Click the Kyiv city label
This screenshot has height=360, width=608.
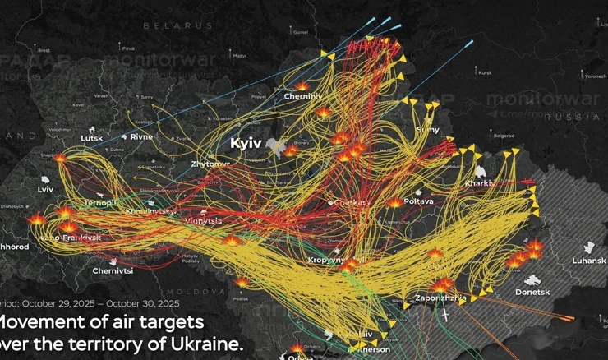(246, 143)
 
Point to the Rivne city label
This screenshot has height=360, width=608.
(141, 136)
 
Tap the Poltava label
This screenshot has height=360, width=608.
(420, 201)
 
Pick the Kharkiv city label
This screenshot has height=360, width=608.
(479, 182)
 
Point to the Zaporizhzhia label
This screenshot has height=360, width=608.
(442, 298)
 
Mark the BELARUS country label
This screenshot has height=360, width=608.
(177, 26)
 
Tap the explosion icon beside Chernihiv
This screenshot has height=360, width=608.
(302, 85)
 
